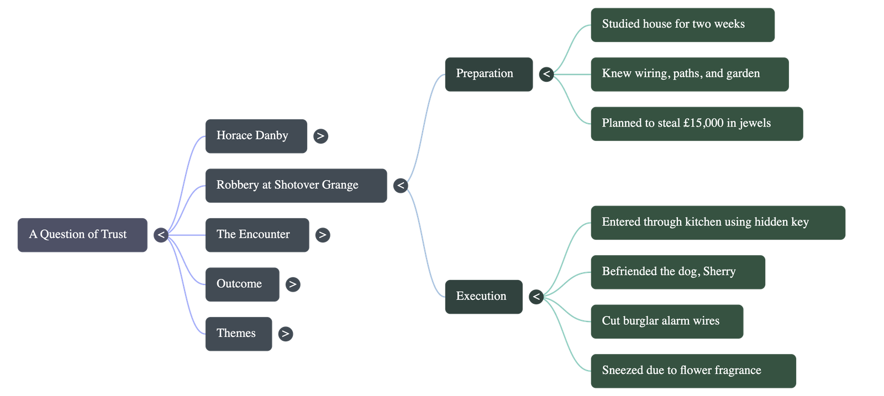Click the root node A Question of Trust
pos(82,235)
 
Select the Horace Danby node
pos(256,136)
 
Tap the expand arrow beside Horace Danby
pos(320,136)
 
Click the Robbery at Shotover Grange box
pos(296,185)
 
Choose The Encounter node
pos(257,235)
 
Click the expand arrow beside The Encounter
pos(322,235)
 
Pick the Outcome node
pos(242,284)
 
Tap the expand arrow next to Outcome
pos(293,284)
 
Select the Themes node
pos(238,334)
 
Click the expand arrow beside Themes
pos(285,334)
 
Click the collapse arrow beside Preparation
pos(546,74)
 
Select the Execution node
pos(483,297)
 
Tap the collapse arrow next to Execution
pos(535,297)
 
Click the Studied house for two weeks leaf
pos(682,24)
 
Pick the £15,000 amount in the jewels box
pos(703,123)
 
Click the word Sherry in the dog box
pos(719,272)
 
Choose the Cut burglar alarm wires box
pos(666,321)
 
